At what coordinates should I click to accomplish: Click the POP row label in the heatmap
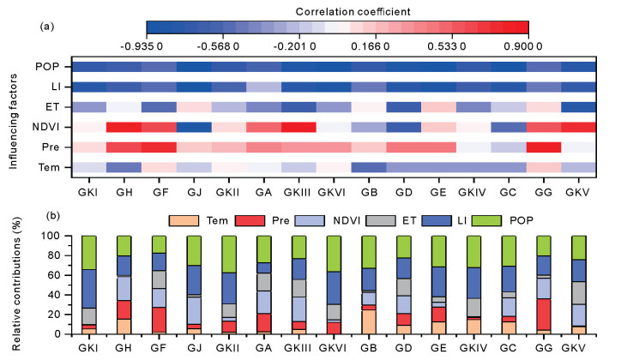point(47,67)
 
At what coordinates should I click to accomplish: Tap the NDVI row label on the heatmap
point(45,127)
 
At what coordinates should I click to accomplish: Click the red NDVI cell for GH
point(124,127)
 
